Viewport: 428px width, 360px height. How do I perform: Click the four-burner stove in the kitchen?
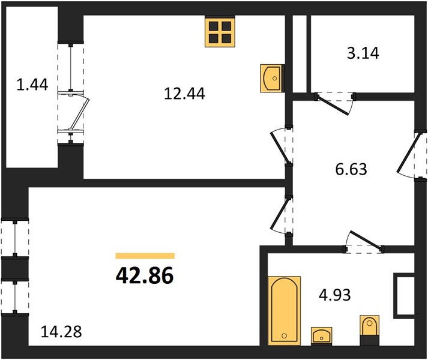click(x=220, y=32)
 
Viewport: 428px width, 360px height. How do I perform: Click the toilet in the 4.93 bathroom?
click(x=370, y=330)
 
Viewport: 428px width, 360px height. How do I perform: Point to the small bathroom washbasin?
click(x=322, y=336)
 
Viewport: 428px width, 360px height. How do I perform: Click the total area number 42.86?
click(x=145, y=275)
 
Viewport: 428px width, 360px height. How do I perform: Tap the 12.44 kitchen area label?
click(x=184, y=94)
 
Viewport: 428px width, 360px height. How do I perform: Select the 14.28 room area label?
click(x=61, y=332)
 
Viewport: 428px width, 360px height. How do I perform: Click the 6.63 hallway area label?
click(x=351, y=169)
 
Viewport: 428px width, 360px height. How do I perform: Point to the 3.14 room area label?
click(x=363, y=53)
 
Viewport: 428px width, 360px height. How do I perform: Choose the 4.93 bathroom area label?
click(x=335, y=295)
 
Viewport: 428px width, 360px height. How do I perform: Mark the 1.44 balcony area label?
click(x=32, y=85)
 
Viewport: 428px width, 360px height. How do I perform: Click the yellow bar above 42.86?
click(x=145, y=256)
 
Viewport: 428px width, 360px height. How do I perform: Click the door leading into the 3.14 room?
click(x=335, y=103)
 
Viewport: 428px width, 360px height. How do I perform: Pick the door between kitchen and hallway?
click(x=281, y=146)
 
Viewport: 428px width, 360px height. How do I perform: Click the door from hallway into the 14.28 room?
click(x=281, y=215)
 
